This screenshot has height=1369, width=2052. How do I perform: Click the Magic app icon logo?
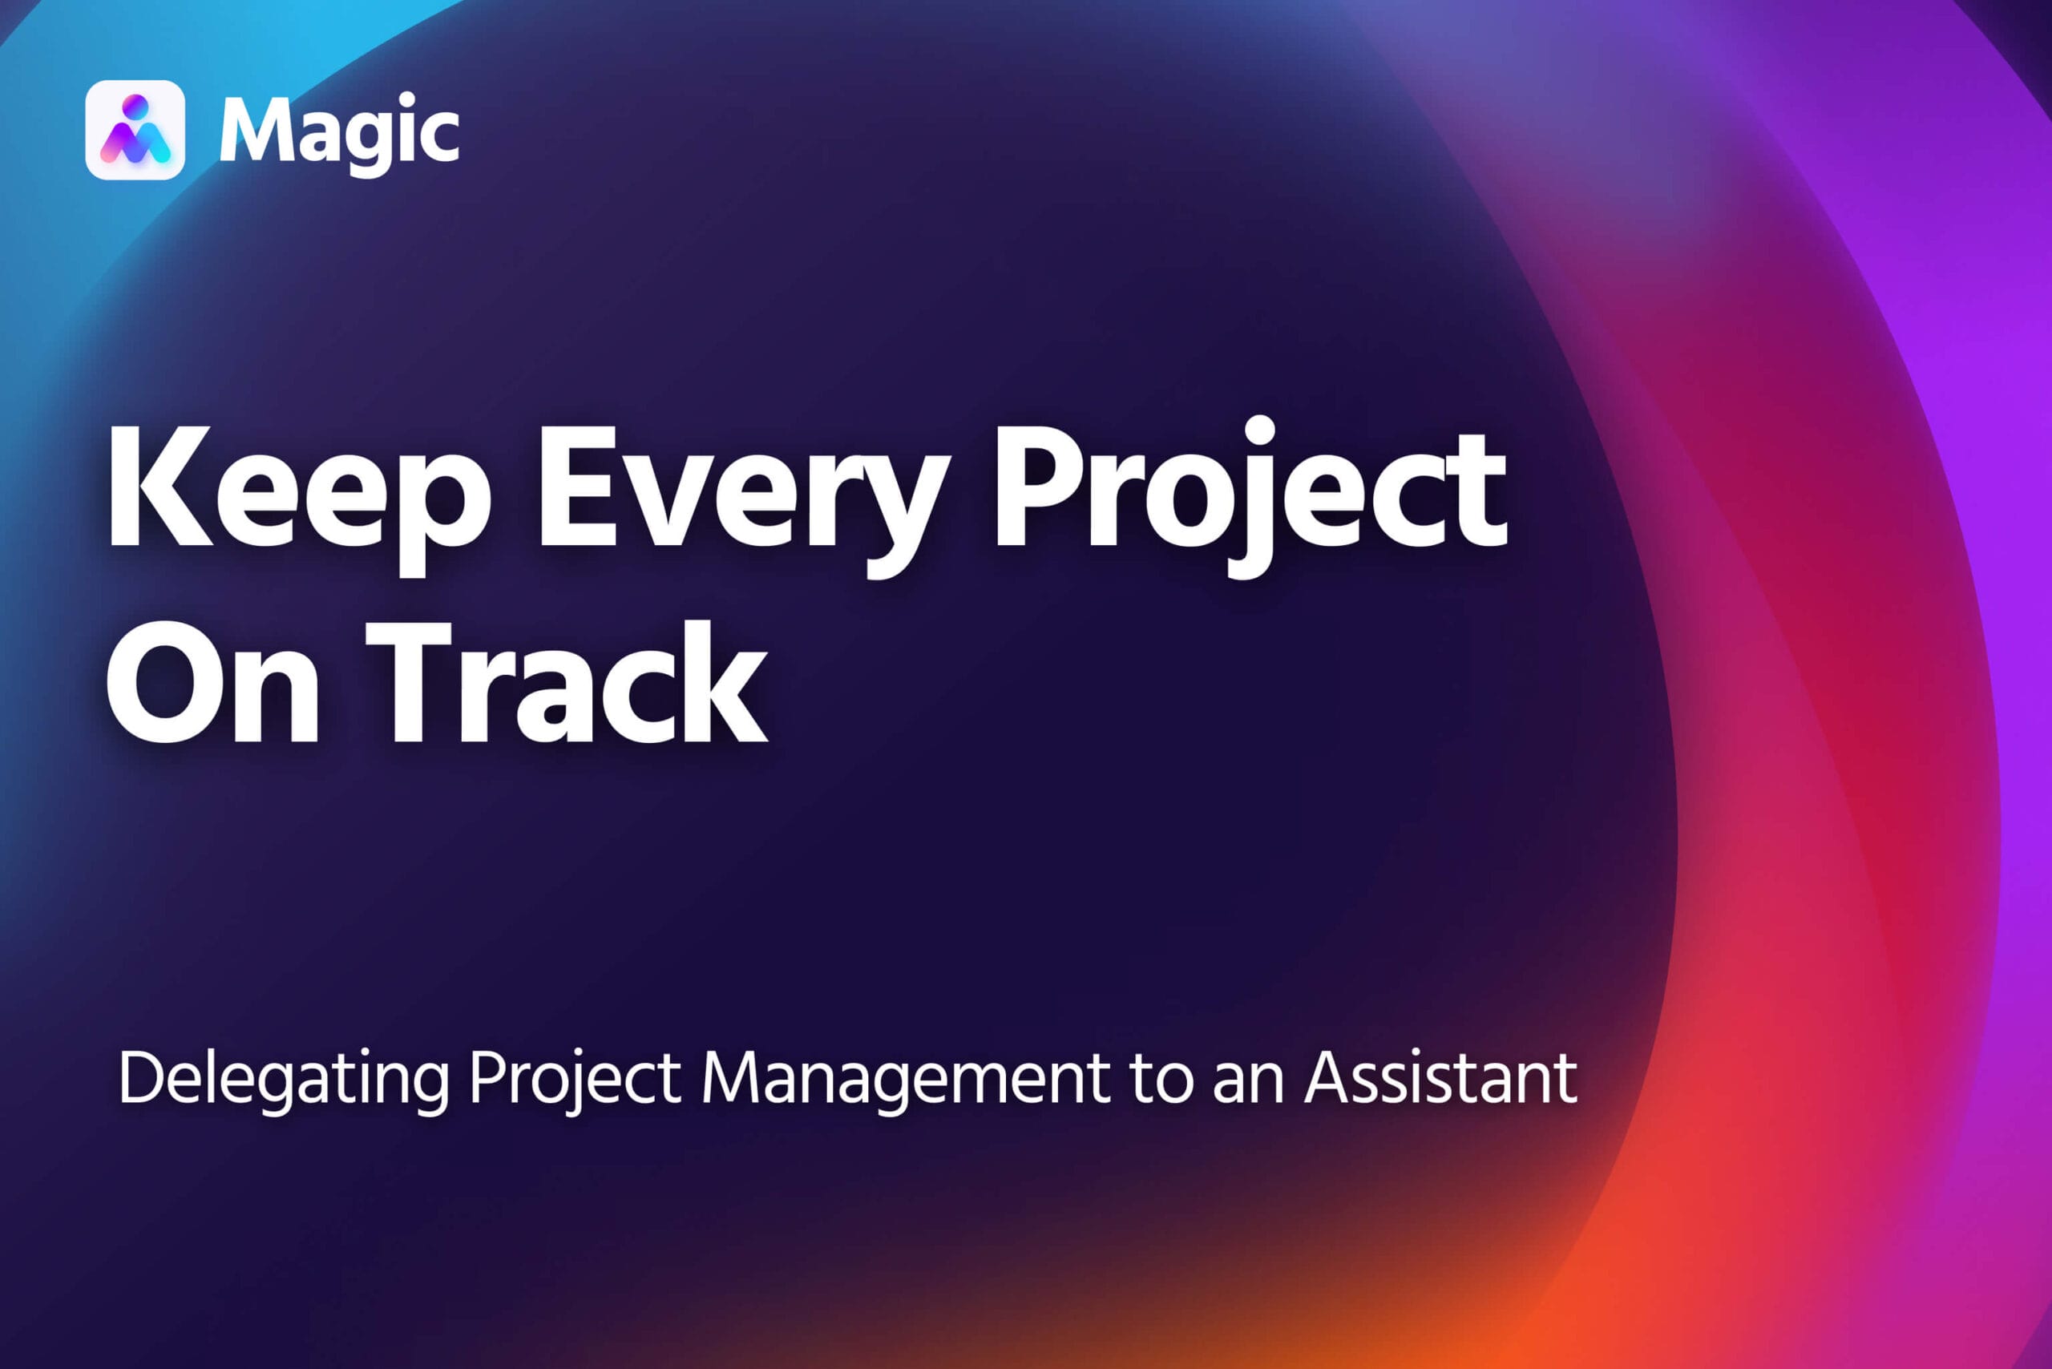pyautogui.click(x=135, y=130)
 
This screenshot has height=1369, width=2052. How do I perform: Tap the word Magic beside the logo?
pyautogui.click(x=340, y=134)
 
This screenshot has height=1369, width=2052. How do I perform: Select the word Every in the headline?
pyautogui.click(x=740, y=503)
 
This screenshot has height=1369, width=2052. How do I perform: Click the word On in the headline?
pyautogui.click(x=212, y=682)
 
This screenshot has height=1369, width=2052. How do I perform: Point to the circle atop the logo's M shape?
pyautogui.click(x=135, y=106)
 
